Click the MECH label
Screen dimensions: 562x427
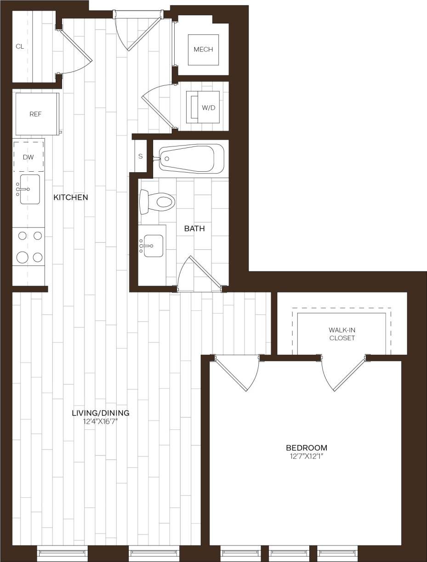[203, 50]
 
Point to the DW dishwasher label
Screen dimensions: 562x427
[28, 157]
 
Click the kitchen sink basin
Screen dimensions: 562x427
[29, 189]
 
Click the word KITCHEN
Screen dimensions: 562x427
[71, 197]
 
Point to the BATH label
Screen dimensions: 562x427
[194, 228]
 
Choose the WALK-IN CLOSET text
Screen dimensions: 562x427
[342, 334]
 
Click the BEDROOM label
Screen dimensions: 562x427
[307, 448]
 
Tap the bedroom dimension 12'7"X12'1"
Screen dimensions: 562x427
[307, 456]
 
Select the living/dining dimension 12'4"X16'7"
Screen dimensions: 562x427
[101, 421]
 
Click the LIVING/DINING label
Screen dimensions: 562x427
[101, 412]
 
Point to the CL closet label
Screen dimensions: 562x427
[20, 46]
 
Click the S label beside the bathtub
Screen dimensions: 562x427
[141, 156]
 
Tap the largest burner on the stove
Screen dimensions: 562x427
[23, 257]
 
